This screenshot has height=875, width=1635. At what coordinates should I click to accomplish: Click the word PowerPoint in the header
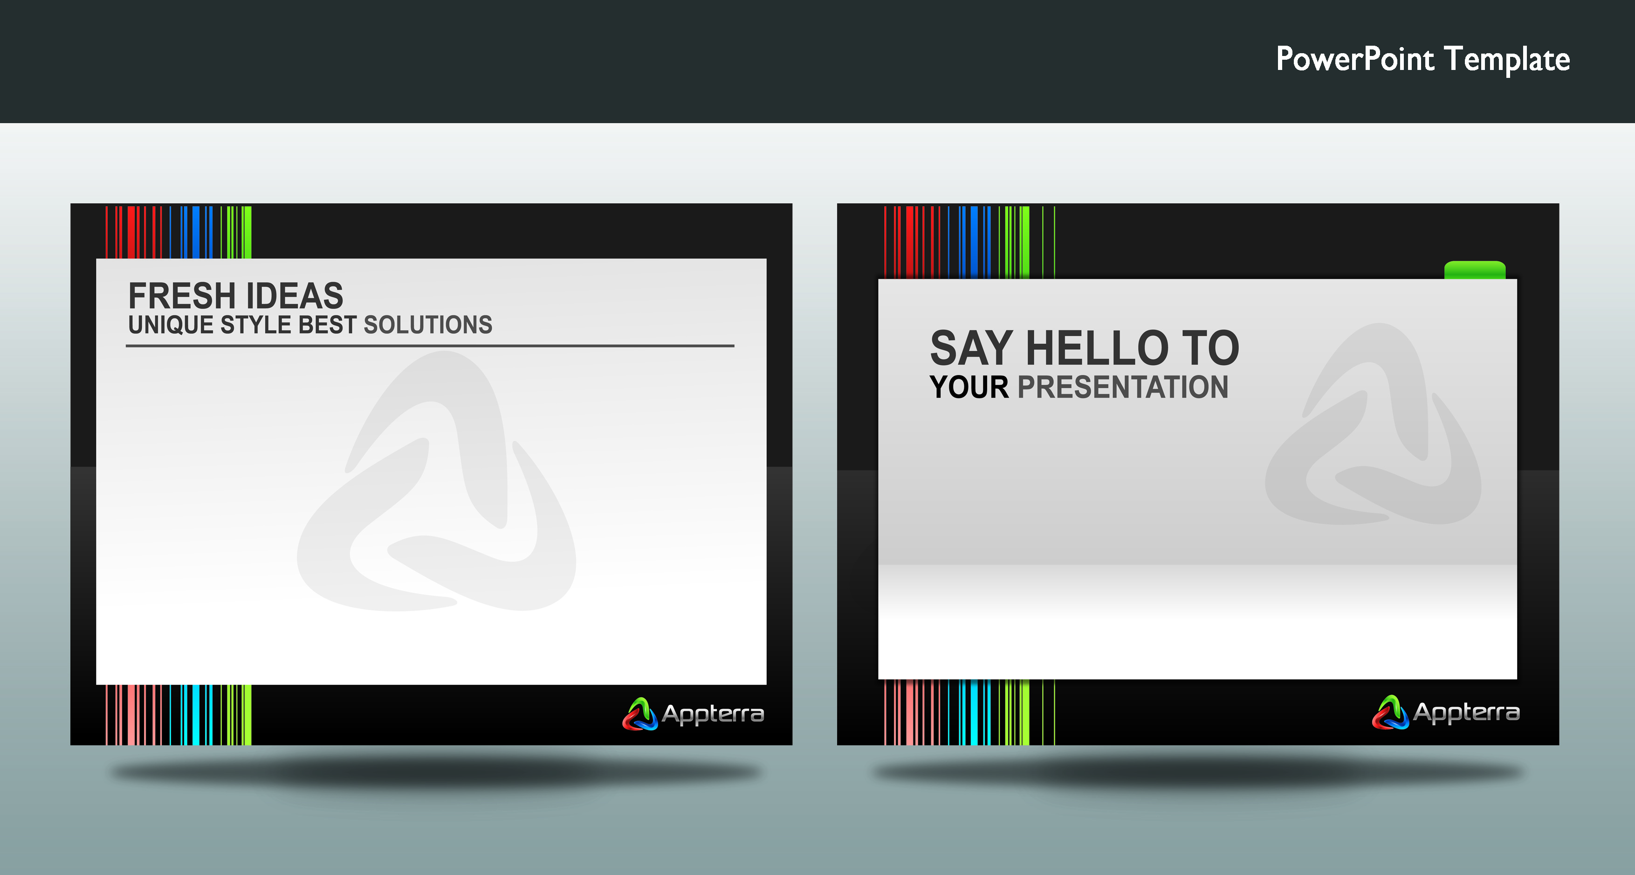1355,59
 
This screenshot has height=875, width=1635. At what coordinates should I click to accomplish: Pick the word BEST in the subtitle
328,325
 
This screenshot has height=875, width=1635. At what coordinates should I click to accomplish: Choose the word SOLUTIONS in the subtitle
428,325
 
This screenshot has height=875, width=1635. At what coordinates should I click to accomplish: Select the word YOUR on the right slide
969,387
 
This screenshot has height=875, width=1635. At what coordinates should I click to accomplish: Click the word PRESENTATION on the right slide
1123,387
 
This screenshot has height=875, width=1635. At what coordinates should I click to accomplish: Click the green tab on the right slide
1474,270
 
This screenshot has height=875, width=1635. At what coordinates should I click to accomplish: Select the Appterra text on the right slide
1466,712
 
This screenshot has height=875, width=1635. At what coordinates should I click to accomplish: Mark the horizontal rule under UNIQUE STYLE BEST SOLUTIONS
430,346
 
